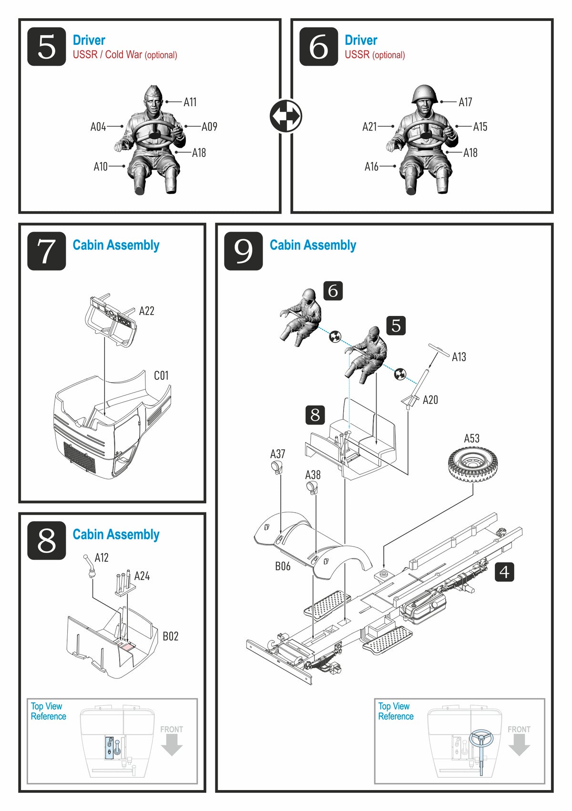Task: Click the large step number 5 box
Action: [x=47, y=47]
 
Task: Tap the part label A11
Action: [x=190, y=102]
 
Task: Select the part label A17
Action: [x=465, y=102]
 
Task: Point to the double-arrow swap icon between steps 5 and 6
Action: [x=286, y=116]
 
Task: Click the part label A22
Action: [x=146, y=311]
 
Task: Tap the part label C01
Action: [x=161, y=375]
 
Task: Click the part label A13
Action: [x=459, y=357]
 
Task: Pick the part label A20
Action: [x=430, y=400]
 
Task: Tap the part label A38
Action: [x=313, y=475]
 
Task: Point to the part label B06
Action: [x=282, y=566]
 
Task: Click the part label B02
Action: [x=170, y=636]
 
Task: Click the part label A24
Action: [x=142, y=576]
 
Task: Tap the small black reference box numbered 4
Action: [x=504, y=572]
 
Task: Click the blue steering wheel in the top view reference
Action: [x=480, y=739]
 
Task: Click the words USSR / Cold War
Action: [x=107, y=55]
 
